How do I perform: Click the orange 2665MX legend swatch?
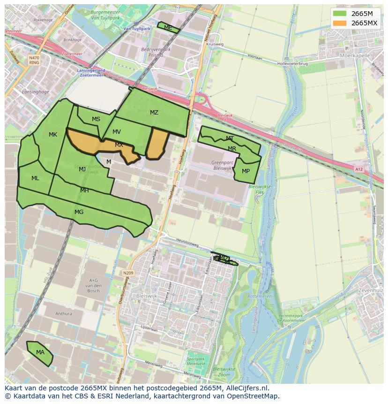(x=340, y=23)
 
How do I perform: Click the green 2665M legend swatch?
(x=340, y=14)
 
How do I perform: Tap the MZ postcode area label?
(x=154, y=113)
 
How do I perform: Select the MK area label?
(x=53, y=135)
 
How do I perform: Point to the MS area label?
(x=96, y=119)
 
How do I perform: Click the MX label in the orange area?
(x=119, y=145)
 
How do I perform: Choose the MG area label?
(x=79, y=212)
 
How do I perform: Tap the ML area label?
(x=35, y=178)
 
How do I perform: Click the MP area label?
(x=246, y=171)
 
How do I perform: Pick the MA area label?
(x=40, y=352)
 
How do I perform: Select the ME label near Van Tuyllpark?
(x=168, y=28)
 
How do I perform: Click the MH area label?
(x=84, y=191)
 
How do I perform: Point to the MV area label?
(x=117, y=132)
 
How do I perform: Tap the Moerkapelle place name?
(x=355, y=55)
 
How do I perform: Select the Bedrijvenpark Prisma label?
(x=156, y=52)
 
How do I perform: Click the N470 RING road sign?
(x=34, y=60)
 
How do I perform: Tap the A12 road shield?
(x=359, y=169)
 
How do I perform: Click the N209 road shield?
(x=128, y=273)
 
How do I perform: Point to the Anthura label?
(x=64, y=314)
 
